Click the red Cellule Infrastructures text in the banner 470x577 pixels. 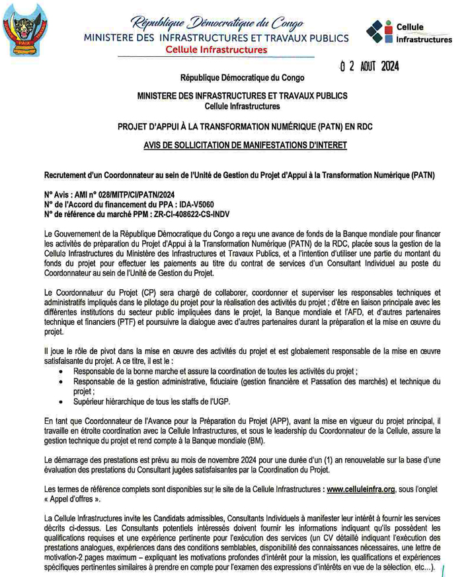click(216, 50)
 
